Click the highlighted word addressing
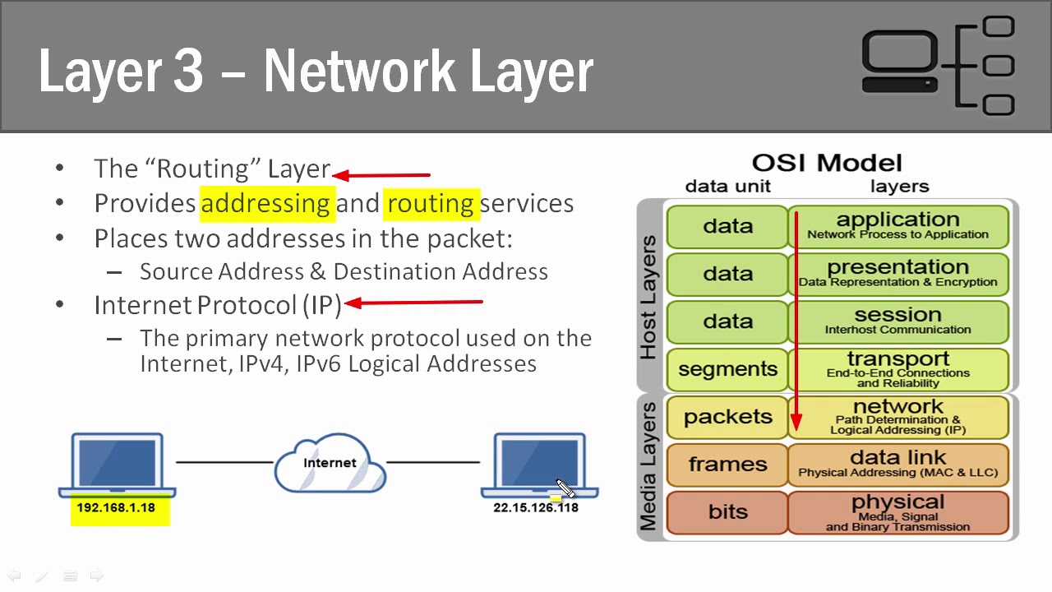coord(265,203)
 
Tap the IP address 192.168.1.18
coord(116,508)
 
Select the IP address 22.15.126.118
coord(536,508)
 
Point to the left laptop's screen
coord(117,463)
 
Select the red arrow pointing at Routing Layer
coord(381,174)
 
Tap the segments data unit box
coord(727,369)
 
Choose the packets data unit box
coord(727,417)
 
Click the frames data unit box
coord(727,465)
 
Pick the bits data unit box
coord(727,512)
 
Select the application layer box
coord(897,226)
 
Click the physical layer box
coord(897,512)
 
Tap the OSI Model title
coord(827,163)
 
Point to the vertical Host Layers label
coord(648,297)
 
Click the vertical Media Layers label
coord(648,466)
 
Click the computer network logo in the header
coord(939,65)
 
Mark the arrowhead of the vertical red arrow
coord(796,424)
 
